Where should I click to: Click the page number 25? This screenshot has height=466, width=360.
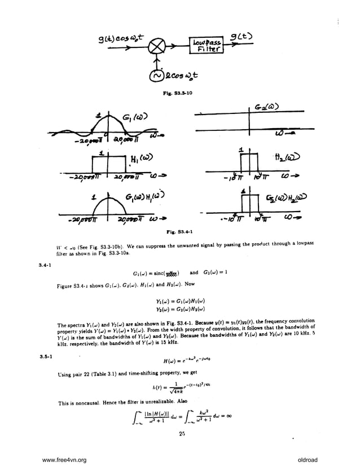(182, 433)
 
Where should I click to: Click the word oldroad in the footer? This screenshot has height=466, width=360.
(309, 460)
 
